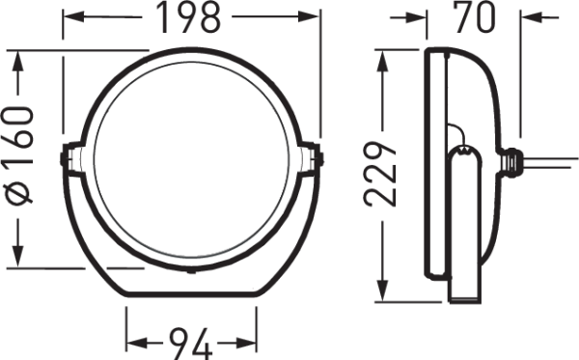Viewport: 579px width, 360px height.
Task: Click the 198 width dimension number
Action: tap(191, 16)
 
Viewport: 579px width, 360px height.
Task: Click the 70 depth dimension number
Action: tap(474, 16)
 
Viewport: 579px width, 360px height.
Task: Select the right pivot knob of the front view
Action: tap(316, 156)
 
